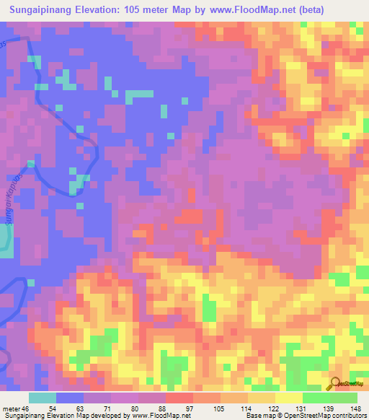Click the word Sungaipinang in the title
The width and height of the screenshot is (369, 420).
click(45, 10)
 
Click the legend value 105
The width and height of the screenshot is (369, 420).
click(218, 408)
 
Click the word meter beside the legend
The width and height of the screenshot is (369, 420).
click(11, 408)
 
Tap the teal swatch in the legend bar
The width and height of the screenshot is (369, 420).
click(43, 398)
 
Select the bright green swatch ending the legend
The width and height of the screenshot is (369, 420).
click(344, 398)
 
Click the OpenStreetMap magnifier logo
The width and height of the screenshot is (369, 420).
click(335, 383)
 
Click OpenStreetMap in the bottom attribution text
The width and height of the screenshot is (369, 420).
click(301, 416)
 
